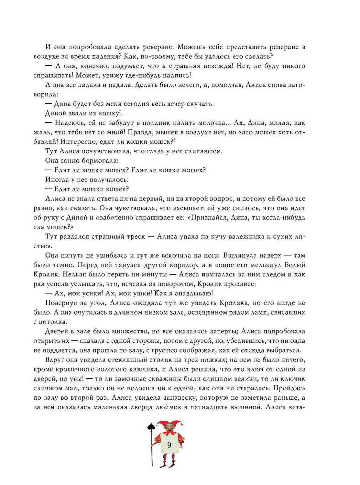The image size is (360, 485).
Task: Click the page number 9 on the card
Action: click(x=169, y=445)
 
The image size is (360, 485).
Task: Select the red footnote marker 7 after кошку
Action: click(x=120, y=112)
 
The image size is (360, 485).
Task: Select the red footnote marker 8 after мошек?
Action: click(x=174, y=140)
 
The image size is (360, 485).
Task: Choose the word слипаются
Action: click(x=203, y=151)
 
